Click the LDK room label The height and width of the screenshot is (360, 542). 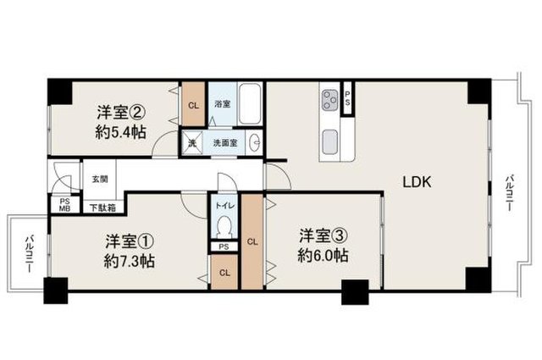(417, 182)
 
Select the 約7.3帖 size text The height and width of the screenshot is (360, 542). (130, 261)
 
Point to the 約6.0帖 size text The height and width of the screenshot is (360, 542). (323, 256)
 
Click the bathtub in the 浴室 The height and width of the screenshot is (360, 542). (250, 103)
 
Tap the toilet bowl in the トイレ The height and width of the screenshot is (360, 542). (224, 226)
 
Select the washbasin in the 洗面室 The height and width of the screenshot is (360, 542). (256, 141)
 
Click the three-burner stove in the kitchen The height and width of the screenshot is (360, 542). (329, 100)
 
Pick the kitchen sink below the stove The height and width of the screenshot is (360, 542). (329, 141)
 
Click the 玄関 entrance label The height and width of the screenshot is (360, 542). (100, 179)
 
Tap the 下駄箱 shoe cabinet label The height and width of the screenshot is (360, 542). (102, 208)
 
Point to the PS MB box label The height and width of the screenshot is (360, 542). (65, 205)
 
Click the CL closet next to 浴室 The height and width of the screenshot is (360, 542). (193, 104)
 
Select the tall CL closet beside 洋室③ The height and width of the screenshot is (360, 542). (252, 241)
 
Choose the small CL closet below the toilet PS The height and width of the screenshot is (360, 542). (224, 272)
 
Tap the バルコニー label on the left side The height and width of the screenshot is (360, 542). (29, 253)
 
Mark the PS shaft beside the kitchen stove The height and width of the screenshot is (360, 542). (347, 99)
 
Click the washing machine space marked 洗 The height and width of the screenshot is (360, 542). (192, 142)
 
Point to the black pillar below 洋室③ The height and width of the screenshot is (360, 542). (355, 292)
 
